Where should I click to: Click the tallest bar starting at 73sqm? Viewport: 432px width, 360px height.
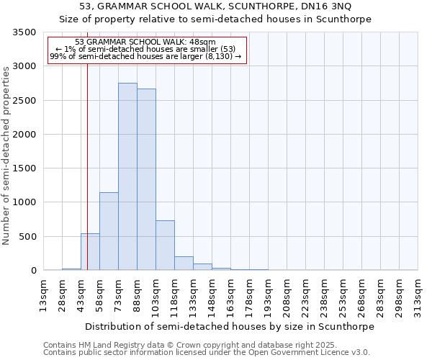pyautogui.click(x=127, y=176)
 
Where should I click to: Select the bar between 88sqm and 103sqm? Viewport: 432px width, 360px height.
pyautogui.click(x=146, y=179)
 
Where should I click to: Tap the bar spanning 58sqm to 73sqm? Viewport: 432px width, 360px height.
pyautogui.click(x=109, y=231)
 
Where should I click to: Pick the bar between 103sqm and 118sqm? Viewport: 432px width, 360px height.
pyautogui.click(x=165, y=246)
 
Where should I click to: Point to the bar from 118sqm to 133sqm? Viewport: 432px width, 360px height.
pyautogui.click(x=184, y=264)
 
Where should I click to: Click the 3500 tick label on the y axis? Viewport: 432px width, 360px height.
pyautogui.click(x=24, y=32)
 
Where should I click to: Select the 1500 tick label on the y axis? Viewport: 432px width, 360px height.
pyautogui.click(x=24, y=168)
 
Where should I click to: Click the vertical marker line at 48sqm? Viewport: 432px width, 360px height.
pyautogui.click(x=87, y=144)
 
